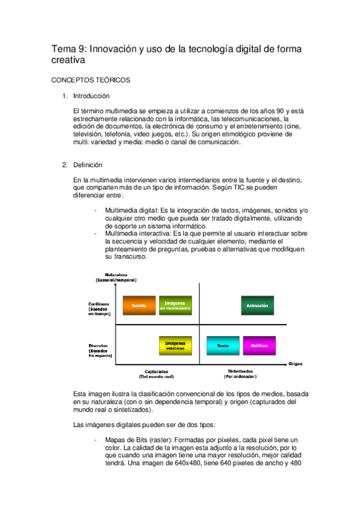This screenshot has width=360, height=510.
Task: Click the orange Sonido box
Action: click(139, 306)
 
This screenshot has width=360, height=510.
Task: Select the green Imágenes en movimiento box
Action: click(175, 306)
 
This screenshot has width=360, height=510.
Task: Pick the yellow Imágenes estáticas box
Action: click(175, 345)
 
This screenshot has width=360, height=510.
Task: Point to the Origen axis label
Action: click(296, 363)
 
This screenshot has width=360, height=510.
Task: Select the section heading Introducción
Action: click(91, 96)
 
